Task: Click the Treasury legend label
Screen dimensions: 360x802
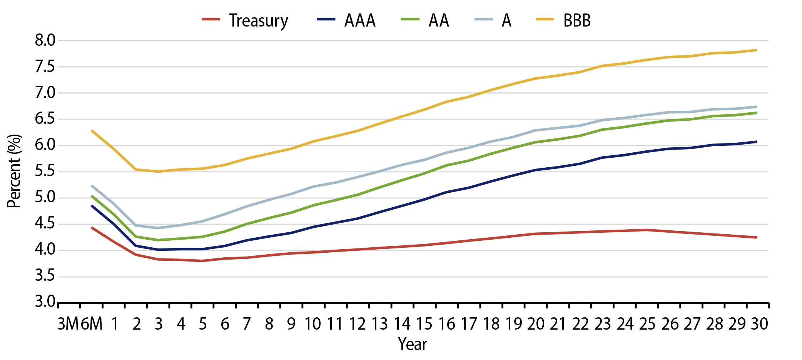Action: click(x=258, y=20)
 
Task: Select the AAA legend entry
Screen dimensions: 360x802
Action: click(x=359, y=20)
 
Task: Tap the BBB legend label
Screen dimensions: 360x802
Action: click(x=576, y=20)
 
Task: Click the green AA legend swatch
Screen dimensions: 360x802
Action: click(x=410, y=19)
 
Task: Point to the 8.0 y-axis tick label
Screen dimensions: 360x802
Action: click(x=45, y=40)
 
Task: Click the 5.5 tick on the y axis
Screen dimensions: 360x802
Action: click(x=45, y=172)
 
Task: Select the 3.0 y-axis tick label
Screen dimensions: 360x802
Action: click(x=45, y=302)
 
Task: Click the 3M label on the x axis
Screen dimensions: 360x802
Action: click(x=69, y=324)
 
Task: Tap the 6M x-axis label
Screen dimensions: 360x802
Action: click(x=92, y=324)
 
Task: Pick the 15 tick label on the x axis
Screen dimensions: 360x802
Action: click(x=424, y=324)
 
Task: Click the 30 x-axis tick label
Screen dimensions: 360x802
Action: click(x=759, y=324)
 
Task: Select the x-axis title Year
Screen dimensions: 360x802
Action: click(x=412, y=344)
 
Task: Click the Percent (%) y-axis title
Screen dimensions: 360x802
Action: click(x=14, y=171)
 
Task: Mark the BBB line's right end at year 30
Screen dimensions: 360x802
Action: click(x=757, y=50)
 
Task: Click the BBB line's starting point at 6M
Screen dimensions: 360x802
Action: click(x=92, y=131)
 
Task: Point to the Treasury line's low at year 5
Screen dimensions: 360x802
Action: click(x=202, y=261)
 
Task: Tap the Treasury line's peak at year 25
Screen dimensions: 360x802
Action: click(x=646, y=230)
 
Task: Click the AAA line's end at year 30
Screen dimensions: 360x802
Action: click(x=757, y=142)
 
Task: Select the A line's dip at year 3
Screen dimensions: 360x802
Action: click(x=158, y=228)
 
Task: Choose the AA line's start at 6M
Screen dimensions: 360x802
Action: click(x=92, y=196)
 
